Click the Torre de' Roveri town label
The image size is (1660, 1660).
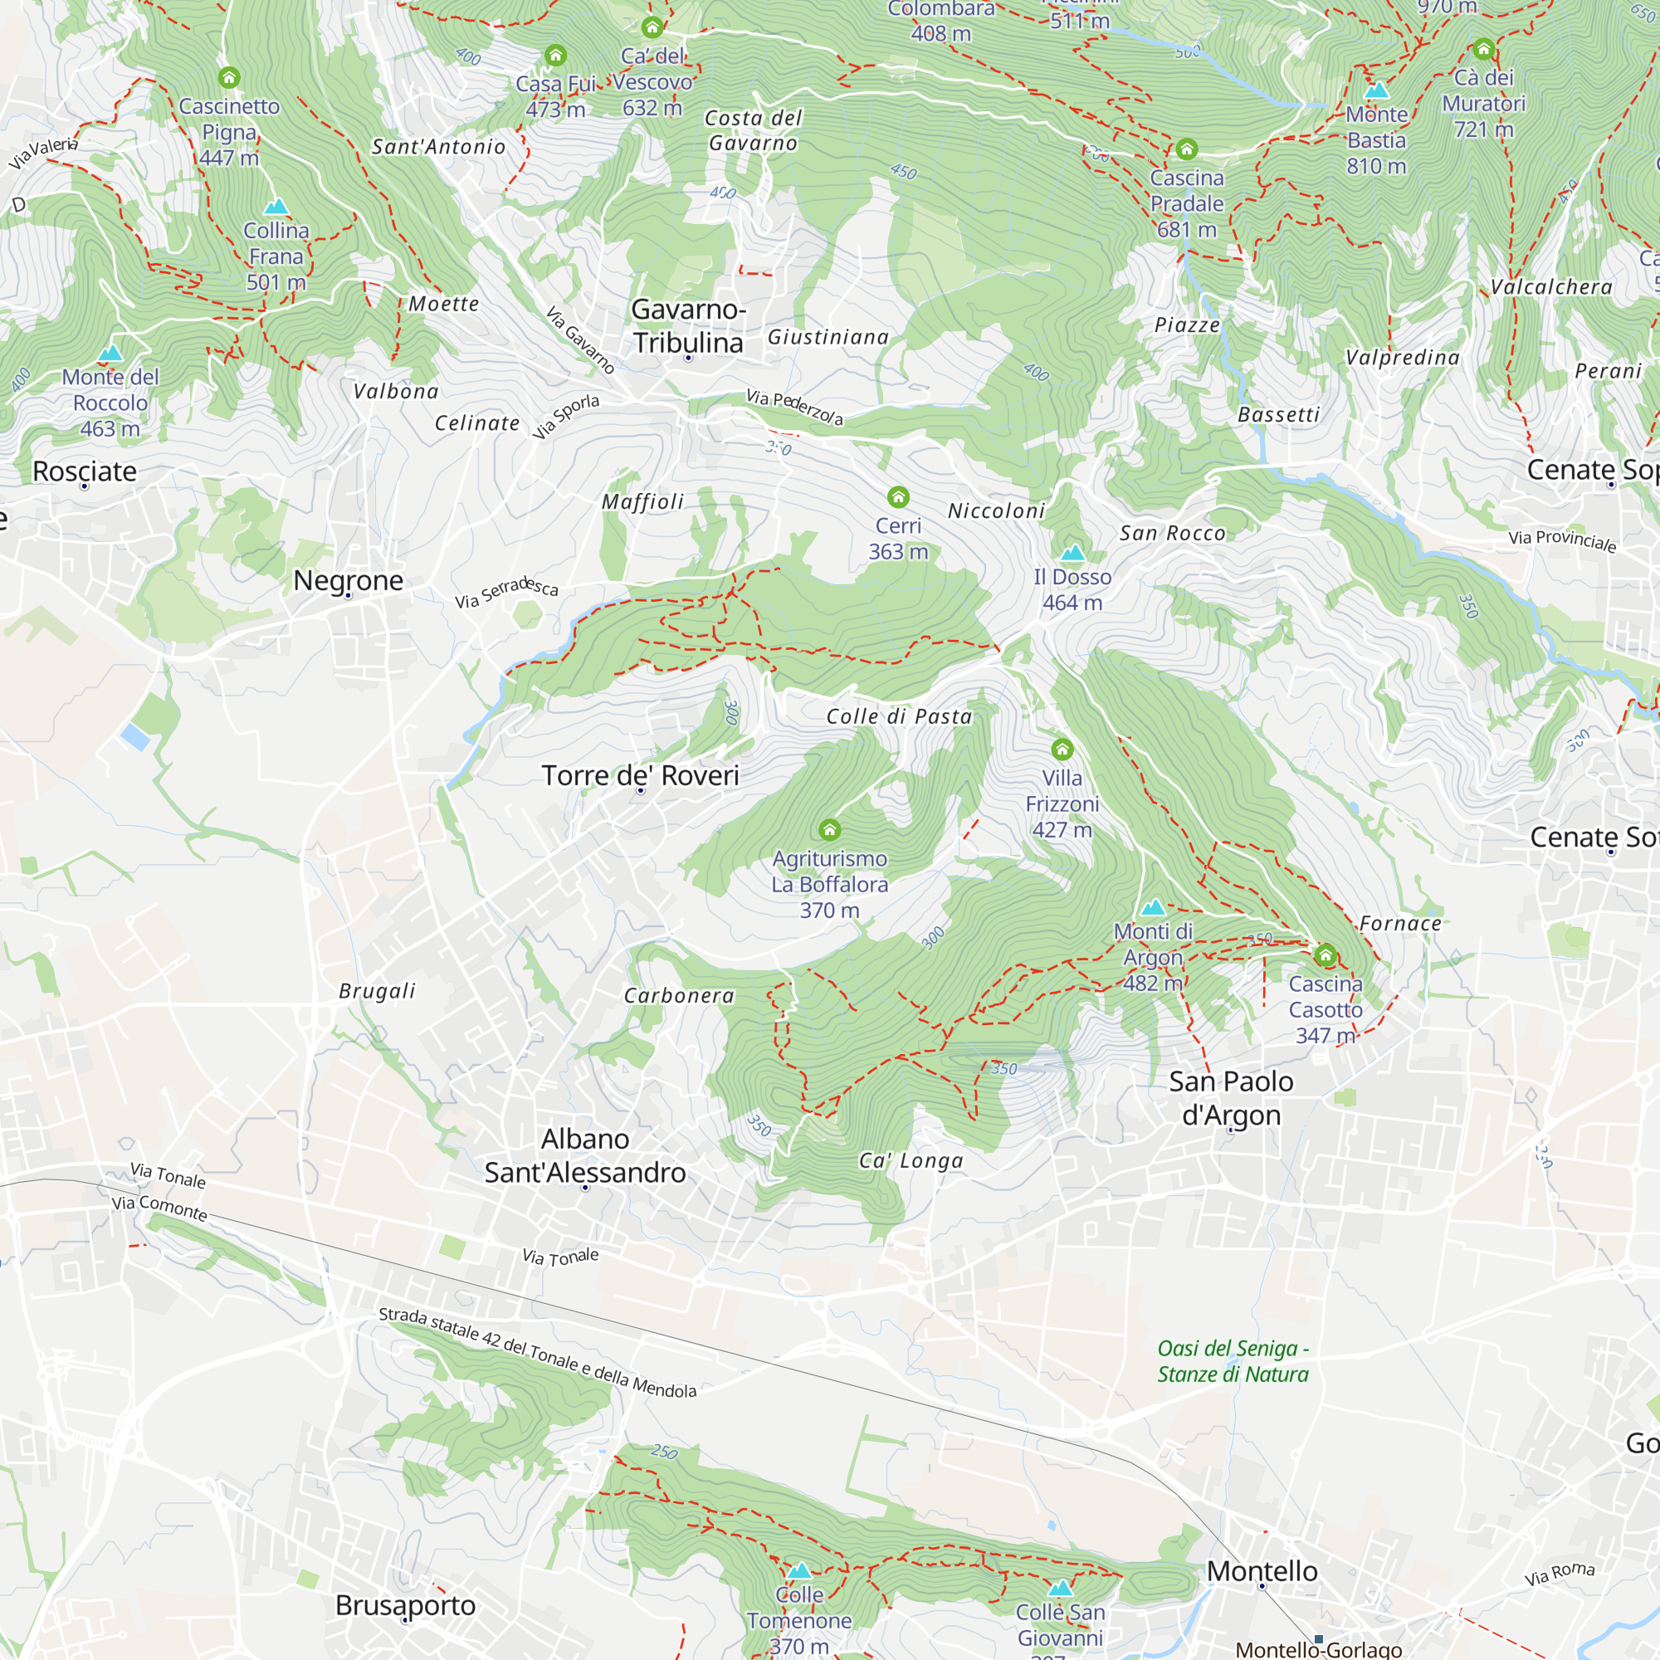[640, 775]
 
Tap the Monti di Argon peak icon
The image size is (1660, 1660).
[1153, 907]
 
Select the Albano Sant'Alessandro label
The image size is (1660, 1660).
[585, 1155]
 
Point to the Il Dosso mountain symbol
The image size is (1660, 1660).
[1072, 554]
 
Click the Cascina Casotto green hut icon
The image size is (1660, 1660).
[1326, 954]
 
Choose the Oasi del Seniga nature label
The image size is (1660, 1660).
[1233, 1361]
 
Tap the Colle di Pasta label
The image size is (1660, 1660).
[899, 716]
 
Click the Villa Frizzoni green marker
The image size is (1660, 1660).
[1062, 749]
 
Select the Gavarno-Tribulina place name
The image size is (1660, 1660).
[688, 325]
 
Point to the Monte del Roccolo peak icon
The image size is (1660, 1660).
[110, 353]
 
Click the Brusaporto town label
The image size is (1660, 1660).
[406, 1605]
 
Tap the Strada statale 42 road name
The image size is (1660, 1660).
[537, 1353]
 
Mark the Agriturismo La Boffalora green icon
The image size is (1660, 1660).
[829, 829]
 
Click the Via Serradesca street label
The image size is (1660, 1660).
[506, 593]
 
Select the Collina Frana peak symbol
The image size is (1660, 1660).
[276, 206]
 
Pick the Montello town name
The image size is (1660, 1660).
[1262, 1570]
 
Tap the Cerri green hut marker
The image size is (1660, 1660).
[898, 496]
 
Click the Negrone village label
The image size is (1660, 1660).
[348, 580]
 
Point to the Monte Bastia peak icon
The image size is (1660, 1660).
[1376, 90]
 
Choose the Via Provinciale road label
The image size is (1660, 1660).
[1562, 540]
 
